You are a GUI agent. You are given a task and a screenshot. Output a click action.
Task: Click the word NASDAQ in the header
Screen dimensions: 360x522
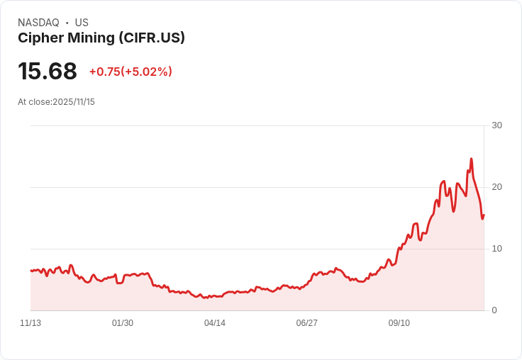pos(38,23)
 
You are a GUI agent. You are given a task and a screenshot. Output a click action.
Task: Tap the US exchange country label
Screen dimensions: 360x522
pos(82,23)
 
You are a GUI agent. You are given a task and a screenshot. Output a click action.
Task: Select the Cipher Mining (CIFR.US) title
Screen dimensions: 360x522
pos(101,38)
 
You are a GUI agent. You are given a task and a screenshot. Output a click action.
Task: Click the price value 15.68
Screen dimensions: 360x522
pos(48,72)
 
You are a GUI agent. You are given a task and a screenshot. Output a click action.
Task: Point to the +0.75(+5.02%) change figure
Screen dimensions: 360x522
pos(130,72)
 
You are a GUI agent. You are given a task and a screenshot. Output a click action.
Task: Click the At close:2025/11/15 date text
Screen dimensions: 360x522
pos(56,102)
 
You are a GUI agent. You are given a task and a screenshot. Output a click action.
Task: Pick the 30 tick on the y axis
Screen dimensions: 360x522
pos(496,125)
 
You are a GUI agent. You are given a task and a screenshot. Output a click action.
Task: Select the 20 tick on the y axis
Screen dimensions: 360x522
pos(496,187)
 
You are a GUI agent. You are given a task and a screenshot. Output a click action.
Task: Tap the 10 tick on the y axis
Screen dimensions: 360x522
pos(496,249)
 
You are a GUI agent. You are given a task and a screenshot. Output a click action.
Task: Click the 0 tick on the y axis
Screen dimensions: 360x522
pos(494,310)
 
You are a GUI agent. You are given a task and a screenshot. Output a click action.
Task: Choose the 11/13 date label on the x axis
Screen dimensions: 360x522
pos(30,323)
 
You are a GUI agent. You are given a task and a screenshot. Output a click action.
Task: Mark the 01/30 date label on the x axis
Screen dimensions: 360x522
pos(123,323)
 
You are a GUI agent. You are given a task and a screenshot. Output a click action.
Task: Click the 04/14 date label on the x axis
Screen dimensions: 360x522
pos(215,323)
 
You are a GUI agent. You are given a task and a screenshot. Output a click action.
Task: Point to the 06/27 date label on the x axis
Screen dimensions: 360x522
pos(307,323)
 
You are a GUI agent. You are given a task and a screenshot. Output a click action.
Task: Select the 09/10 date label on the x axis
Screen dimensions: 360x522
pos(399,323)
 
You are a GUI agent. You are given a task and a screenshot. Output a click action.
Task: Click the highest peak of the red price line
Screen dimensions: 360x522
pos(471,159)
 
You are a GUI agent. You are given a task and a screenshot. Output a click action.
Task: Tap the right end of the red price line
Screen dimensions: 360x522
pos(484,215)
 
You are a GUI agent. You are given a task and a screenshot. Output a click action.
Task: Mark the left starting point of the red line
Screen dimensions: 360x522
pos(31,270)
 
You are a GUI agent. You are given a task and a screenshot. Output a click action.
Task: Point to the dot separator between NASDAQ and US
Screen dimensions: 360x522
pos(67,23)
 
